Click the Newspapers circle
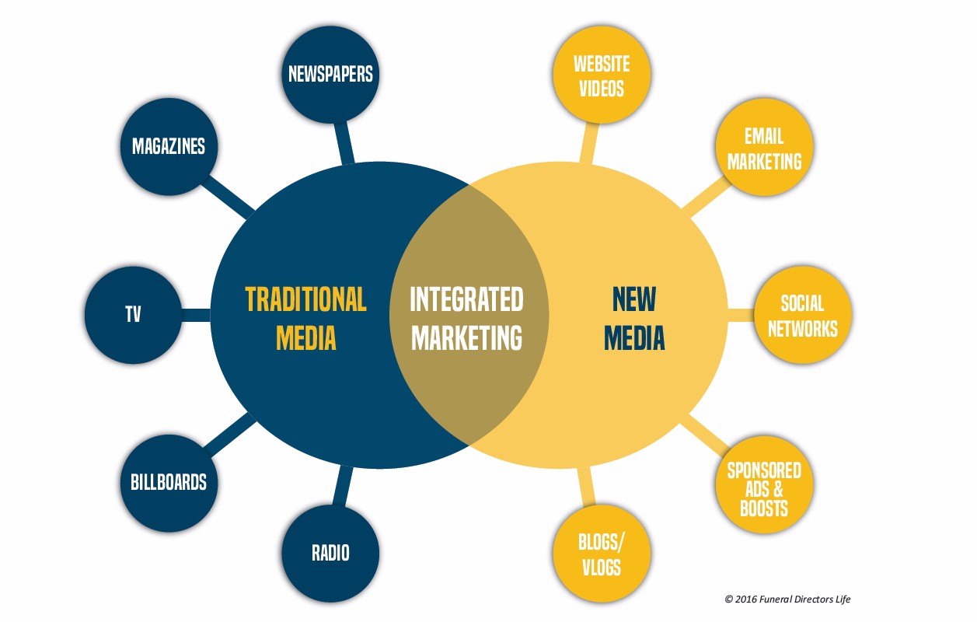(330, 75)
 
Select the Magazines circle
(169, 146)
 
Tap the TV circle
(133, 315)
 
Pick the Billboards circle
(169, 483)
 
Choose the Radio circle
(330, 554)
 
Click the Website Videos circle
(602, 75)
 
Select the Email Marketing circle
(764, 146)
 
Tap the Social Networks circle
(803, 315)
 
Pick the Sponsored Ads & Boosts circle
(764, 484)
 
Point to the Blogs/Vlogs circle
(602, 554)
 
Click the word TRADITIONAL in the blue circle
(305, 299)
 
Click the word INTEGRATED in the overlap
(466, 299)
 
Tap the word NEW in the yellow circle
(634, 299)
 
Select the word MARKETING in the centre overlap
(466, 337)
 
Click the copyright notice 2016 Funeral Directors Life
(787, 599)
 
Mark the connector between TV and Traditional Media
(196, 315)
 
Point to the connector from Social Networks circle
(741, 315)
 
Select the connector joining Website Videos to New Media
(589, 142)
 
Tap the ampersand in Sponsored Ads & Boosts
(778, 489)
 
